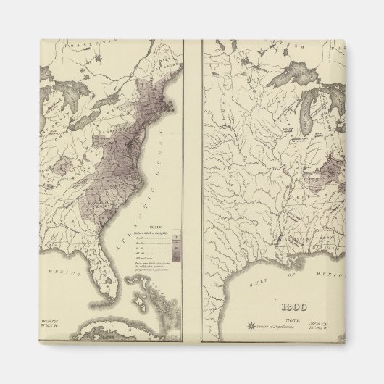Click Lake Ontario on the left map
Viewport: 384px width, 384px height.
(x=100, y=96)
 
